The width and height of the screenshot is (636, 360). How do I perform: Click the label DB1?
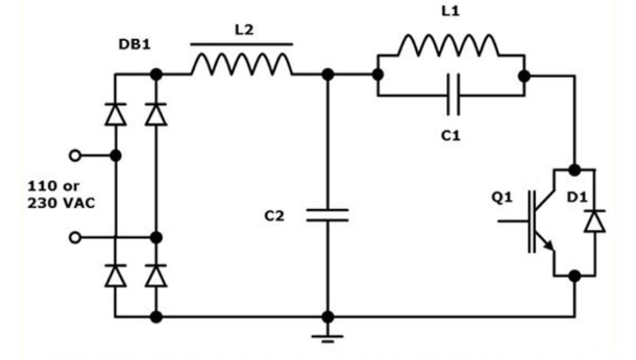click(134, 45)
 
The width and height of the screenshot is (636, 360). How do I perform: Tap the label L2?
click(242, 29)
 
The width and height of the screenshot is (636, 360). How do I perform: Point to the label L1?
click(450, 14)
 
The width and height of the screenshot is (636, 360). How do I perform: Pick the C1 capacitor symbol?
click(452, 96)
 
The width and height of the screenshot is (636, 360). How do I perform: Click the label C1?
click(450, 135)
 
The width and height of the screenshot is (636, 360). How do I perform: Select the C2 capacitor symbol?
click(327, 214)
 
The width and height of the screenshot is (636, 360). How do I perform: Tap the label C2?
click(274, 217)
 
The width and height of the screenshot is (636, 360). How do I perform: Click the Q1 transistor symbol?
click(540, 223)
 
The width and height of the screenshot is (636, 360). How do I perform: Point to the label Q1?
click(501, 198)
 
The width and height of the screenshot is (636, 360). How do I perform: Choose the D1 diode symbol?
click(594, 221)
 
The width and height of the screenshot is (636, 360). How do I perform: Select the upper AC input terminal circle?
click(74, 155)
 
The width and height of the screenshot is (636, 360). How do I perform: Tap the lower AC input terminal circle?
click(74, 237)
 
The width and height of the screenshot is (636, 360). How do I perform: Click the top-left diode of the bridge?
click(115, 115)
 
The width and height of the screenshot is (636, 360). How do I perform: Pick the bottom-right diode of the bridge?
click(156, 274)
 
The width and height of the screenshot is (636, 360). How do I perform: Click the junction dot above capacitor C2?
click(327, 74)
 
